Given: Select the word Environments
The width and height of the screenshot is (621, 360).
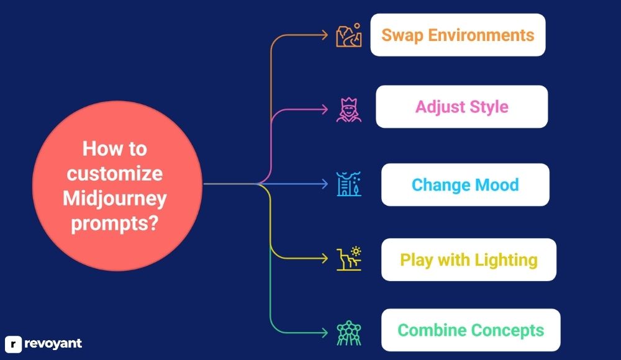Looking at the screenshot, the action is [481, 35].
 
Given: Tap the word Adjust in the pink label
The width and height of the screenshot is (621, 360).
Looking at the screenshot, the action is [440, 107].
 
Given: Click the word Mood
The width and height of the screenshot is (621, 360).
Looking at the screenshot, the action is [497, 185].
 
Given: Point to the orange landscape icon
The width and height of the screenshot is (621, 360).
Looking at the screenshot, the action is [349, 35].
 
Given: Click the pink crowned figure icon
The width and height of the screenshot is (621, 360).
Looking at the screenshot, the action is [349, 110].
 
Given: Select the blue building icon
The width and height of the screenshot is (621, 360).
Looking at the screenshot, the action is [349, 184].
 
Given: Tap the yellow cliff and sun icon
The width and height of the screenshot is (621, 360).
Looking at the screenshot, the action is [349, 259].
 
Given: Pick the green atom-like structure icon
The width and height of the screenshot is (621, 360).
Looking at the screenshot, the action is [349, 333].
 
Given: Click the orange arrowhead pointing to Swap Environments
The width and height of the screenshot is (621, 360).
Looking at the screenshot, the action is [325, 35].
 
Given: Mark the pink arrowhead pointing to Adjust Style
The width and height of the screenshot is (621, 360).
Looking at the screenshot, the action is [325, 109].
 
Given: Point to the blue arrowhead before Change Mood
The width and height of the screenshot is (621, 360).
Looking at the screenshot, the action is [325, 184].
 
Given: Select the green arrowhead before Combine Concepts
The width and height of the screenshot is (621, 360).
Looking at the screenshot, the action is [325, 333].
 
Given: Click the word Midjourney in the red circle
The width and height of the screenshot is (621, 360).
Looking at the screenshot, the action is [115, 199].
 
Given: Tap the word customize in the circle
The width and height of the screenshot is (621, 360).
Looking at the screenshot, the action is [115, 174].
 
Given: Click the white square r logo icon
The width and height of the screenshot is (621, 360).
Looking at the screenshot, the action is [13, 344].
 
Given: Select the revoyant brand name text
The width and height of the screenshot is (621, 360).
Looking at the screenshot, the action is [53, 343].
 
